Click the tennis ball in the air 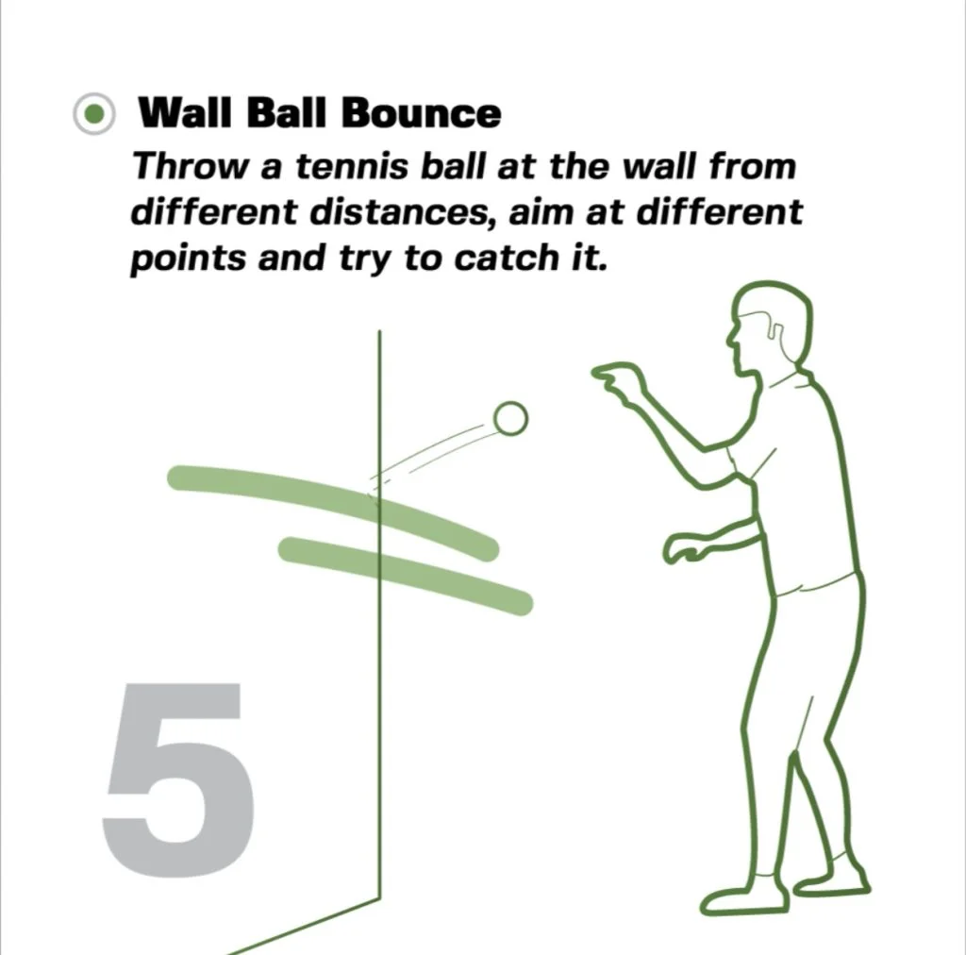pos(510,418)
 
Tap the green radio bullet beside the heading pos(93,115)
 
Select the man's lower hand pos(687,546)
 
